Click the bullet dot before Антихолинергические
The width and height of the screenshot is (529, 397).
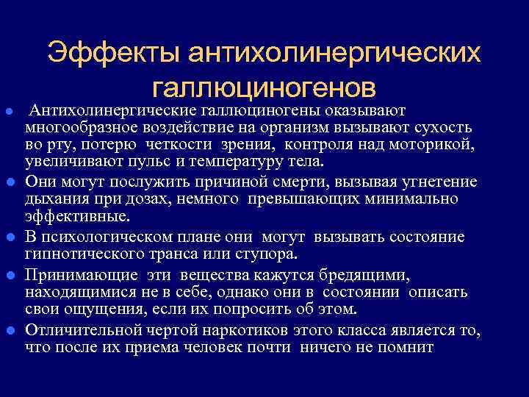tap(9, 110)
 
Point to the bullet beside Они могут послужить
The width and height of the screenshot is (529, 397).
tap(9, 181)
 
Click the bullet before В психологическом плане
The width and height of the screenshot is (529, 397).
tap(9, 237)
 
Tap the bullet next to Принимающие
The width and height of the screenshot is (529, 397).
tap(9, 275)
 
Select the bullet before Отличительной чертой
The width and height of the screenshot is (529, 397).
tap(9, 331)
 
